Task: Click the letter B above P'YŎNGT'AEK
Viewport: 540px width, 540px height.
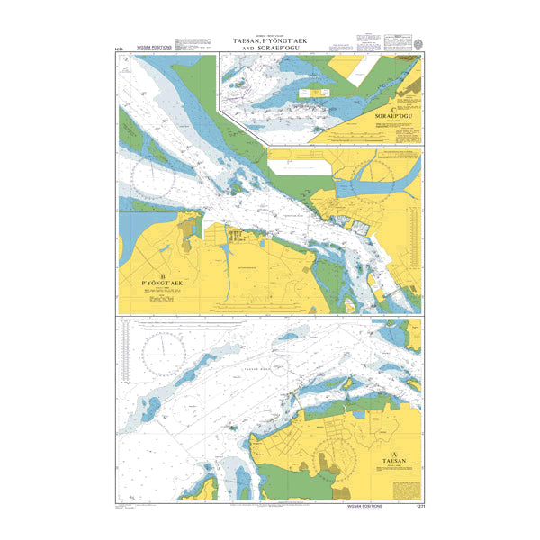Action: [x=162, y=276]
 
